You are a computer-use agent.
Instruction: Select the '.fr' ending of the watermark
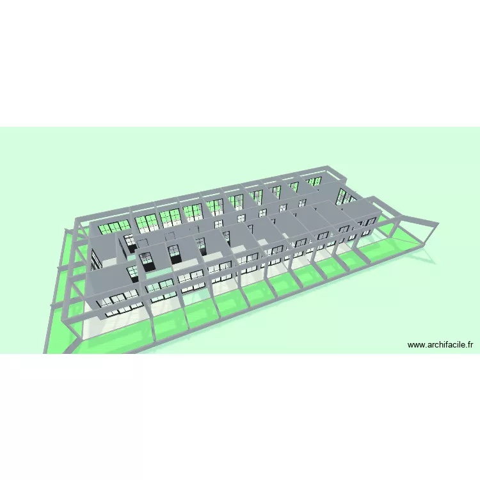[x=469, y=345]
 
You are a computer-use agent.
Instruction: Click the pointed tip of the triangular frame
[x=438, y=225]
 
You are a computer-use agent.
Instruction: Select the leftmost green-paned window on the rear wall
[x=114, y=228]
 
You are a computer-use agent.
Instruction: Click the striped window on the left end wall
[x=96, y=260]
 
